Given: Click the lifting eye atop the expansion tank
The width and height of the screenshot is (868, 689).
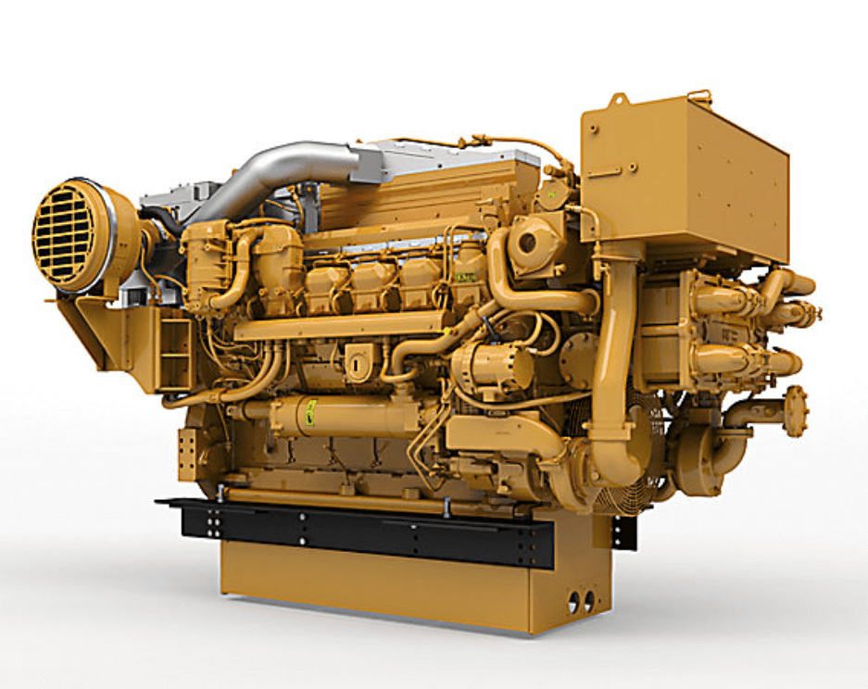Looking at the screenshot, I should click(620, 100).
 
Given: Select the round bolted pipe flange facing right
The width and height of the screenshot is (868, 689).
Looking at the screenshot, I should click(796, 411).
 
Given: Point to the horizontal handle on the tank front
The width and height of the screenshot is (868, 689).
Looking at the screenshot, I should click(603, 172).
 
